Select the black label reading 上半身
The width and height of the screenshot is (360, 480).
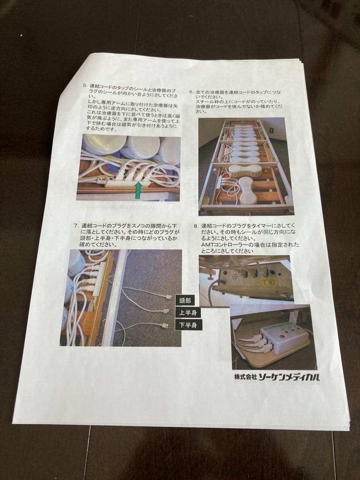point(188,312)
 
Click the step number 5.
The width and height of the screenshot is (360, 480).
point(85,85)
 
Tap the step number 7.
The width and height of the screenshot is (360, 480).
point(76,225)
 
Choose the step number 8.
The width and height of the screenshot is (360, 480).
point(196,226)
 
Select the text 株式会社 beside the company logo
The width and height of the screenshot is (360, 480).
point(246,377)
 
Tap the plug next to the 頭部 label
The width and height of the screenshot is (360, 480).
point(168,297)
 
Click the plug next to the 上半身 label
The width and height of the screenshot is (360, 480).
point(166,311)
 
